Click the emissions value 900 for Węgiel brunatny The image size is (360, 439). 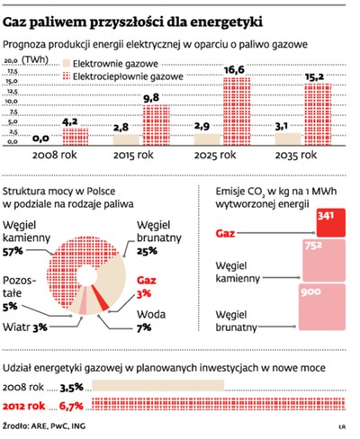[x=312, y=293]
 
